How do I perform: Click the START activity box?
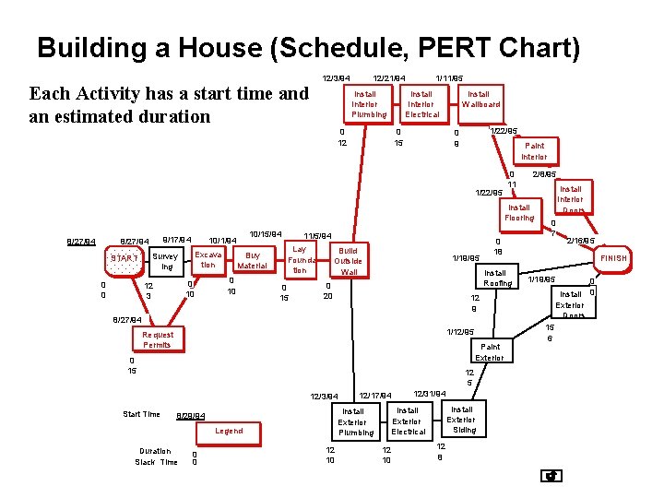click(x=124, y=259)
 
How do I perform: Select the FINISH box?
click(x=613, y=258)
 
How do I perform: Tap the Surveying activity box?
click(x=166, y=262)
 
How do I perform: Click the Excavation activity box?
click(x=208, y=259)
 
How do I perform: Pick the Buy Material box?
click(x=252, y=260)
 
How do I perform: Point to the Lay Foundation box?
click(x=299, y=260)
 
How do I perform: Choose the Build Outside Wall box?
click(x=349, y=261)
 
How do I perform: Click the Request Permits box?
click(x=157, y=339)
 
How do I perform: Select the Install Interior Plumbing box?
click(x=369, y=104)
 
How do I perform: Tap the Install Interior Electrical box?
click(x=422, y=104)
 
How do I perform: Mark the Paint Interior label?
click(x=534, y=151)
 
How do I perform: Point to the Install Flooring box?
click(x=519, y=213)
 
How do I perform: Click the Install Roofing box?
click(x=496, y=278)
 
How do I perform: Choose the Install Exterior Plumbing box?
click(x=355, y=421)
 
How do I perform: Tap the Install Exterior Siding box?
click(x=462, y=419)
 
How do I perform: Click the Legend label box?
click(x=229, y=431)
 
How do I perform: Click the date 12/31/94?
click(x=430, y=393)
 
